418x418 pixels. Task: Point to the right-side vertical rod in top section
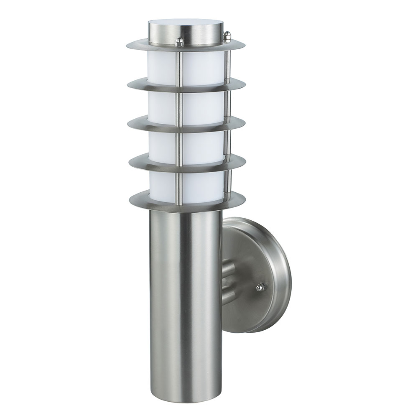(x=228, y=63)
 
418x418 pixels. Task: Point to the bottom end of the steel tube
(x=184, y=391)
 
